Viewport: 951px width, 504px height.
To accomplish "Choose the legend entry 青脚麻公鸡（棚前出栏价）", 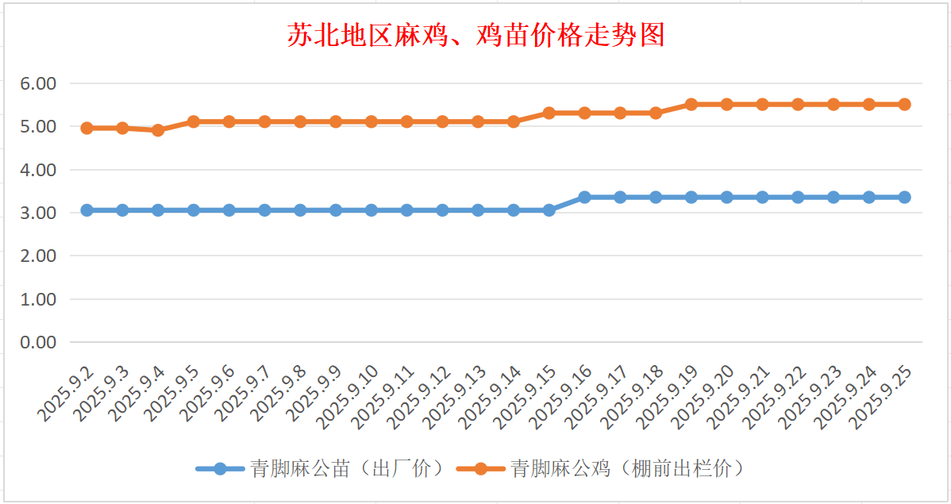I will point(603,468).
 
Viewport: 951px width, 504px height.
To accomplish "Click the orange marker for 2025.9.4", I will point(158,130).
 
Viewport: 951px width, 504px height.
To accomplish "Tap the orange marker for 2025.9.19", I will point(691,104).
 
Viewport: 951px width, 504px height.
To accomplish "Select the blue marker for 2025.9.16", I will point(584,197).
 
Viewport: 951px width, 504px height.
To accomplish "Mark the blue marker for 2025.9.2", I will point(87,210).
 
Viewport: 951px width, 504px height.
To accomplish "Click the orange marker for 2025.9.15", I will point(549,113).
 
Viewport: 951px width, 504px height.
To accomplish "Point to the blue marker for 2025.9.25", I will point(904,197).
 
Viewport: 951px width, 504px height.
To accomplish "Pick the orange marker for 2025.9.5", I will point(193,121).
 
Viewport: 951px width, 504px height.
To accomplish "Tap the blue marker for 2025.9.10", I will point(371,210).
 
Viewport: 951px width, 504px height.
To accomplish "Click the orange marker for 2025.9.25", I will point(904,104).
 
